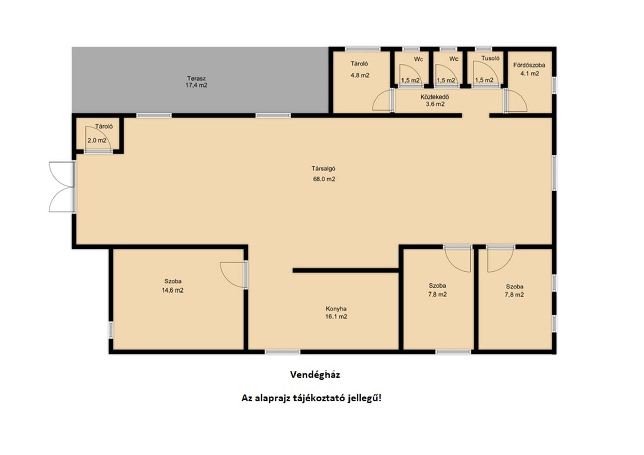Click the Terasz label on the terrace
coord(196,78)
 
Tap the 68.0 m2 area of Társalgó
coord(324,179)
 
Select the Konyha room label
coord(336,309)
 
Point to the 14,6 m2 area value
coord(173,290)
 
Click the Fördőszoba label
coord(529,65)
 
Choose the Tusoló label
coord(490,58)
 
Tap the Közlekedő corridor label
coord(435,97)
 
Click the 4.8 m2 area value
coord(360,75)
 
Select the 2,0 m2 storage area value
coord(97,140)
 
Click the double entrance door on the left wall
coord(62,187)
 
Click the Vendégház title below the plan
coord(315,375)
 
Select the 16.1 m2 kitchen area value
coord(336,317)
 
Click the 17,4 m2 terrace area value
coord(196,85)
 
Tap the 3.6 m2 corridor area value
coord(435,104)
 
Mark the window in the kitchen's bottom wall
coord(282,352)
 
